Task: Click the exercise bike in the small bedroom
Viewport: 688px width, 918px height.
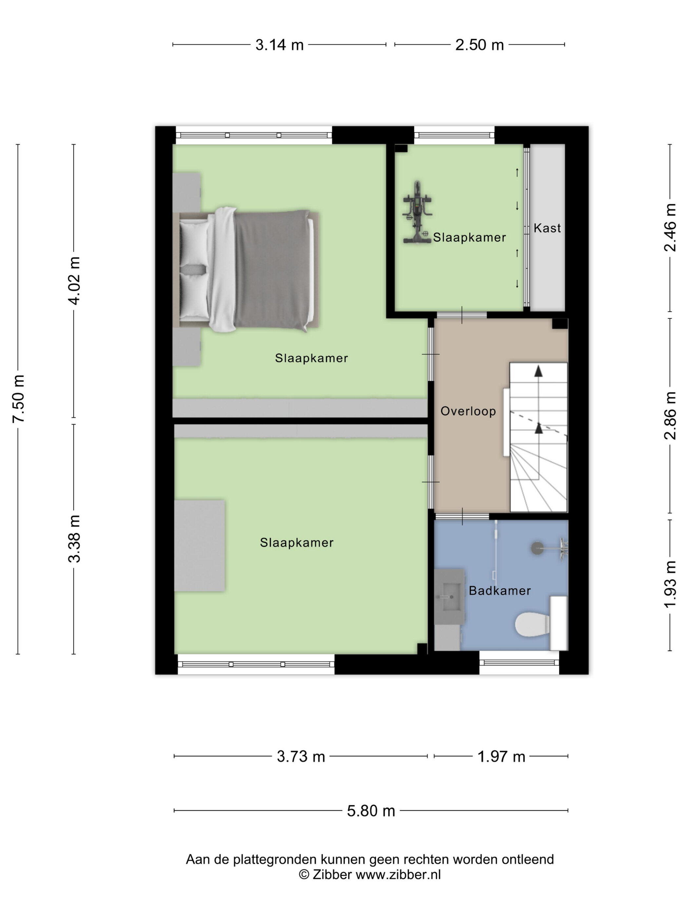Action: pos(417,212)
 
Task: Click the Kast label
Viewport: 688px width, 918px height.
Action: pos(547,228)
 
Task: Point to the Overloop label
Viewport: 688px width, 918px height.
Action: pos(468,411)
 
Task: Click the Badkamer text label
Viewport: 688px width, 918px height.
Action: pos(500,590)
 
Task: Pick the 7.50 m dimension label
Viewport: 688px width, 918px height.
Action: pos(19,398)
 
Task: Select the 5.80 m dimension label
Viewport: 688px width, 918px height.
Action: pos(371,810)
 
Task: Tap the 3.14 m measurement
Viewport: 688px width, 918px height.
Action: pos(279,45)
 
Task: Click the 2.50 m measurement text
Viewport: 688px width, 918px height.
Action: pos(479,45)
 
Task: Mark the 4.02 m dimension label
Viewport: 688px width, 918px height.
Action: pos(75,281)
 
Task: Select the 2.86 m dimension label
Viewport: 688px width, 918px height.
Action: pos(670,415)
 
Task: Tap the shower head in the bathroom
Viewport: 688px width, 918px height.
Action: pos(538,548)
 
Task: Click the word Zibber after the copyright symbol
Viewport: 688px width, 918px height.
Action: pos(333,874)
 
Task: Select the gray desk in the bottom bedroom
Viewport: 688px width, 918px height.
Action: pos(200,545)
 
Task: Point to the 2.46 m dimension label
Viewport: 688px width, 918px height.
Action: pos(670,228)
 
